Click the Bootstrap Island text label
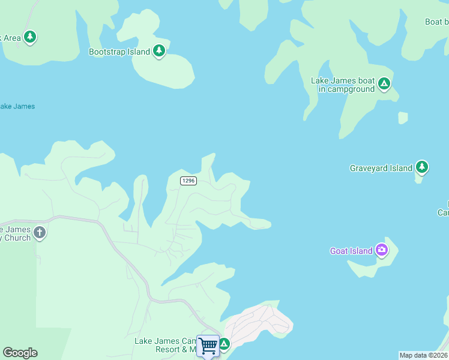coord(119,52)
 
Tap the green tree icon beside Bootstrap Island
coord(159,52)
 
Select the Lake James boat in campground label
coord(343,85)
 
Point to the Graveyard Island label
coord(381,169)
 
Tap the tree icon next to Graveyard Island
coord(422,167)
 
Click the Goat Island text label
coord(351,251)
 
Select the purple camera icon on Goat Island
coord(382,250)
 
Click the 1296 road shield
coord(188,181)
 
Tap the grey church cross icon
coord(40,232)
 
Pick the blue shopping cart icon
coord(208,346)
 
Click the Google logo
coord(20,353)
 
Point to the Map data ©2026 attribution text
coord(424,355)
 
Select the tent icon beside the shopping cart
coord(224,344)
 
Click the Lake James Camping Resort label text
coord(165,345)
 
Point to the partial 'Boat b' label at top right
coord(436,22)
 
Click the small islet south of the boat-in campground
coord(403,118)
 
